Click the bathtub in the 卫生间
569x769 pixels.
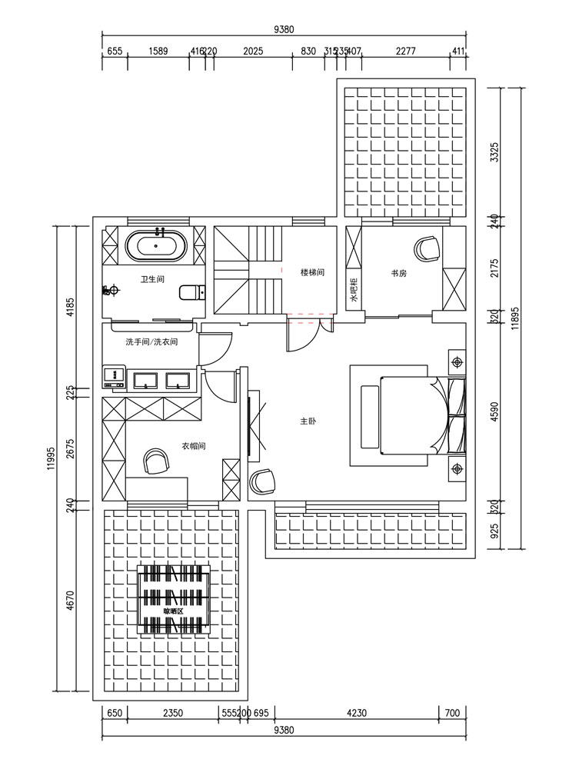coord(156,247)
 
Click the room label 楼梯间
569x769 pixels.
coord(312,272)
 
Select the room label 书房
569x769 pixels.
coord(398,273)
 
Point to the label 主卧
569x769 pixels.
coord(308,421)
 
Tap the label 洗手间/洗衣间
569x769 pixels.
coord(151,341)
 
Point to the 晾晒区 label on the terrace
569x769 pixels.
coord(173,611)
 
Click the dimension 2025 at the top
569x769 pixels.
coord(253,52)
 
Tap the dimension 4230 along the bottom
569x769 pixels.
coord(355,713)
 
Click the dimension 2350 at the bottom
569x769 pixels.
coord(173,713)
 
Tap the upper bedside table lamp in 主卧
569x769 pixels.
coord(457,361)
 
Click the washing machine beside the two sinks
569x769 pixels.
coord(113,378)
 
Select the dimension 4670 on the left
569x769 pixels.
coord(71,600)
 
